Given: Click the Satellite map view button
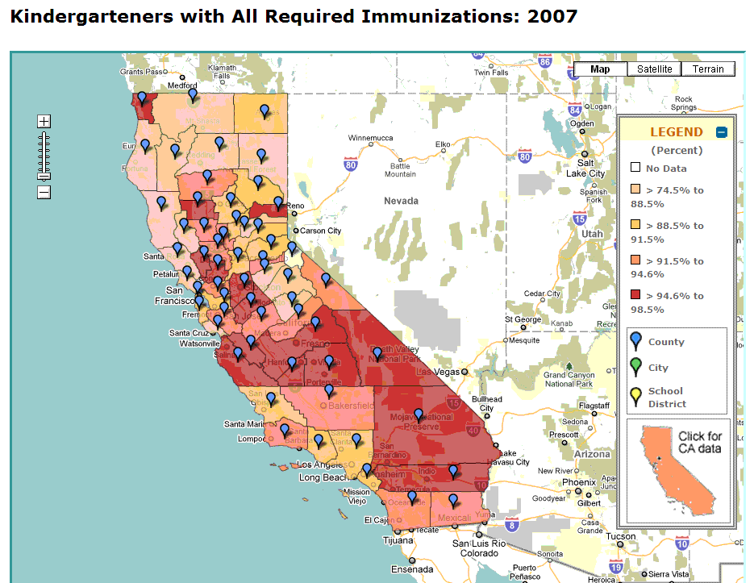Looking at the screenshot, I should click(x=654, y=69).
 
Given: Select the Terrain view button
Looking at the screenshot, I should click(x=708, y=69).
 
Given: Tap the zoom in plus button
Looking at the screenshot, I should click(x=44, y=122).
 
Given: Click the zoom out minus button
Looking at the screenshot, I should click(x=44, y=192).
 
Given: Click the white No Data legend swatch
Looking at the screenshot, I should click(x=635, y=168).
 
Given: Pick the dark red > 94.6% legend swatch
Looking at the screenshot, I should click(x=635, y=295).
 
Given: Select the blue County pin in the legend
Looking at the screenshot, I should click(x=636, y=341).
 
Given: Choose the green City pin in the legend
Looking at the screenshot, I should click(x=636, y=367).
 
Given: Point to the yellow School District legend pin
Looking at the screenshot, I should click(x=636, y=396).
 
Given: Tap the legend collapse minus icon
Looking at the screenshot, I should click(x=722, y=132).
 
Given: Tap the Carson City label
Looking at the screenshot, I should click(x=321, y=231).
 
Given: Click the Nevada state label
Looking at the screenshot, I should click(x=401, y=200).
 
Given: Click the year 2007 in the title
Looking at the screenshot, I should click(x=552, y=16).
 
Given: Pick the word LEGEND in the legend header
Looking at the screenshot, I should click(x=677, y=132).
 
